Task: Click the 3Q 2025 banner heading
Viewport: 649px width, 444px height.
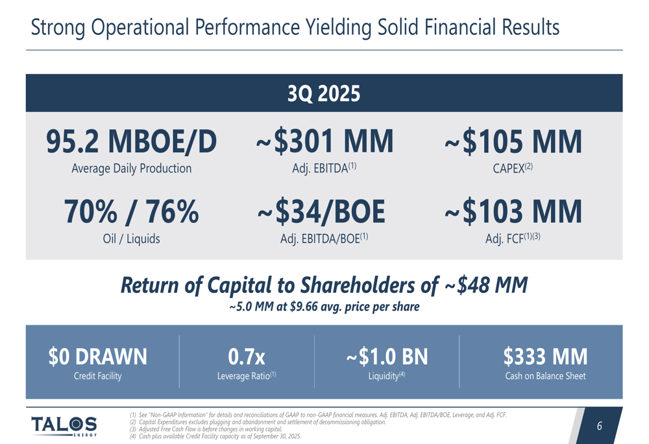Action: pyautogui.click(x=324, y=94)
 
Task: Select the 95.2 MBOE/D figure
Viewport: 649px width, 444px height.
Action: pyautogui.click(x=131, y=142)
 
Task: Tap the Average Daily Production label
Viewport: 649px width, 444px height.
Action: pyautogui.click(x=131, y=169)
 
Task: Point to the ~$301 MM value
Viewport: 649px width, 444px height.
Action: pyautogui.click(x=324, y=142)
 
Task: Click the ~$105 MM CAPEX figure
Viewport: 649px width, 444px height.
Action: pyautogui.click(x=513, y=142)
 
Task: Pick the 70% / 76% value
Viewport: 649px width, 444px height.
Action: pyautogui.click(x=131, y=212)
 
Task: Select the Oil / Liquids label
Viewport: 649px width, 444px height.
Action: pyautogui.click(x=131, y=239)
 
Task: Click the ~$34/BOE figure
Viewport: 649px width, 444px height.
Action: pyautogui.click(x=323, y=212)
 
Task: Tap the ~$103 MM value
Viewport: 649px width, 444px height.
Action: pyautogui.click(x=513, y=212)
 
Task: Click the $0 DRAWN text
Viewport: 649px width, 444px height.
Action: pyautogui.click(x=98, y=356)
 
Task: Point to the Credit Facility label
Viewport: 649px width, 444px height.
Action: pyautogui.click(x=98, y=376)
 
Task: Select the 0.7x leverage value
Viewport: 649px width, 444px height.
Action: pyautogui.click(x=247, y=356)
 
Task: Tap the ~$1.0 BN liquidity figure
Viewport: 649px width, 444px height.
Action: pyautogui.click(x=387, y=356)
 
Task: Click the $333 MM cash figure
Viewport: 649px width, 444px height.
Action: pyautogui.click(x=545, y=356)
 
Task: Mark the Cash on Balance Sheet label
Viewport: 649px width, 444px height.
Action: pyautogui.click(x=545, y=376)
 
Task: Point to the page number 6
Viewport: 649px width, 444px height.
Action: pyautogui.click(x=599, y=426)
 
